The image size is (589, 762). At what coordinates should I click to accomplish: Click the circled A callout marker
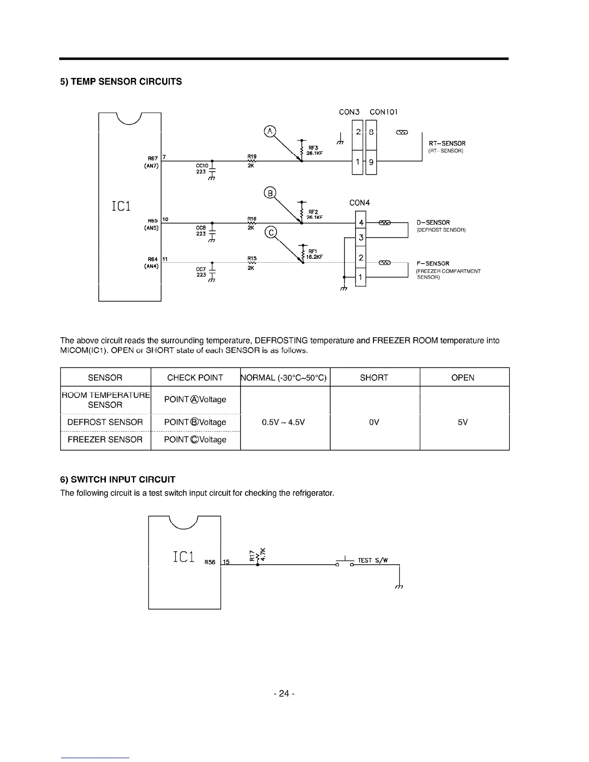click(270, 131)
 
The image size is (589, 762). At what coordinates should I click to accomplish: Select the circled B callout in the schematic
click(270, 193)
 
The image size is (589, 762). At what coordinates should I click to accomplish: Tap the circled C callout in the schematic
click(271, 233)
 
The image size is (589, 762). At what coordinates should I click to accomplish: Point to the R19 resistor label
click(252, 156)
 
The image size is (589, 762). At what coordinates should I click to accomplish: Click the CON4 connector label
click(359, 203)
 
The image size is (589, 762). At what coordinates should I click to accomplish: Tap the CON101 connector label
click(384, 112)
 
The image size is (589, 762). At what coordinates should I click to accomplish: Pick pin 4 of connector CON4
click(361, 223)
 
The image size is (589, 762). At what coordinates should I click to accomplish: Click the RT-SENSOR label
click(447, 143)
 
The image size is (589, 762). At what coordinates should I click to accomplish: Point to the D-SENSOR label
click(433, 223)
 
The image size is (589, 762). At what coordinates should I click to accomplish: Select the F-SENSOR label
click(433, 264)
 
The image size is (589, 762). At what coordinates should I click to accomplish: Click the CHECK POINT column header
click(195, 378)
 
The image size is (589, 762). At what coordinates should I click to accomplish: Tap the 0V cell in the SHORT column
click(374, 422)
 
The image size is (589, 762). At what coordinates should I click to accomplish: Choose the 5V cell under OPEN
click(462, 422)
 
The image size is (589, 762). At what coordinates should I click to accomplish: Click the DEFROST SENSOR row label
click(105, 422)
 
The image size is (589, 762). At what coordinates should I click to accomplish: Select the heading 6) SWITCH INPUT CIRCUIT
click(117, 480)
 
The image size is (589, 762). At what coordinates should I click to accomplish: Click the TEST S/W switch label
click(372, 560)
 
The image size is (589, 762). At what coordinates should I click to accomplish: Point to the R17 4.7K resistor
click(257, 556)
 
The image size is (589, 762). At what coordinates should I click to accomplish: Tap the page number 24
click(283, 694)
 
